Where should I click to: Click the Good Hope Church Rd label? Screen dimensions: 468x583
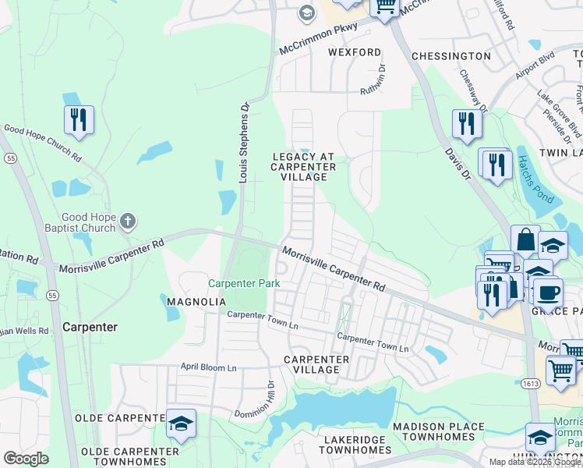click(43, 142)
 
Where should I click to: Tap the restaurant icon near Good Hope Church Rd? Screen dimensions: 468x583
click(79, 121)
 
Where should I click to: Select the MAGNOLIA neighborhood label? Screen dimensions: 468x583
click(196, 301)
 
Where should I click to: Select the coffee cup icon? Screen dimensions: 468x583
click(548, 294)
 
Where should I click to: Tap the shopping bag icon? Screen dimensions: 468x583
click(525, 240)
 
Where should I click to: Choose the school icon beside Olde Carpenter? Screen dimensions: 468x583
click(181, 424)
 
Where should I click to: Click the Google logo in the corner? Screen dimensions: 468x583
click(26, 459)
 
